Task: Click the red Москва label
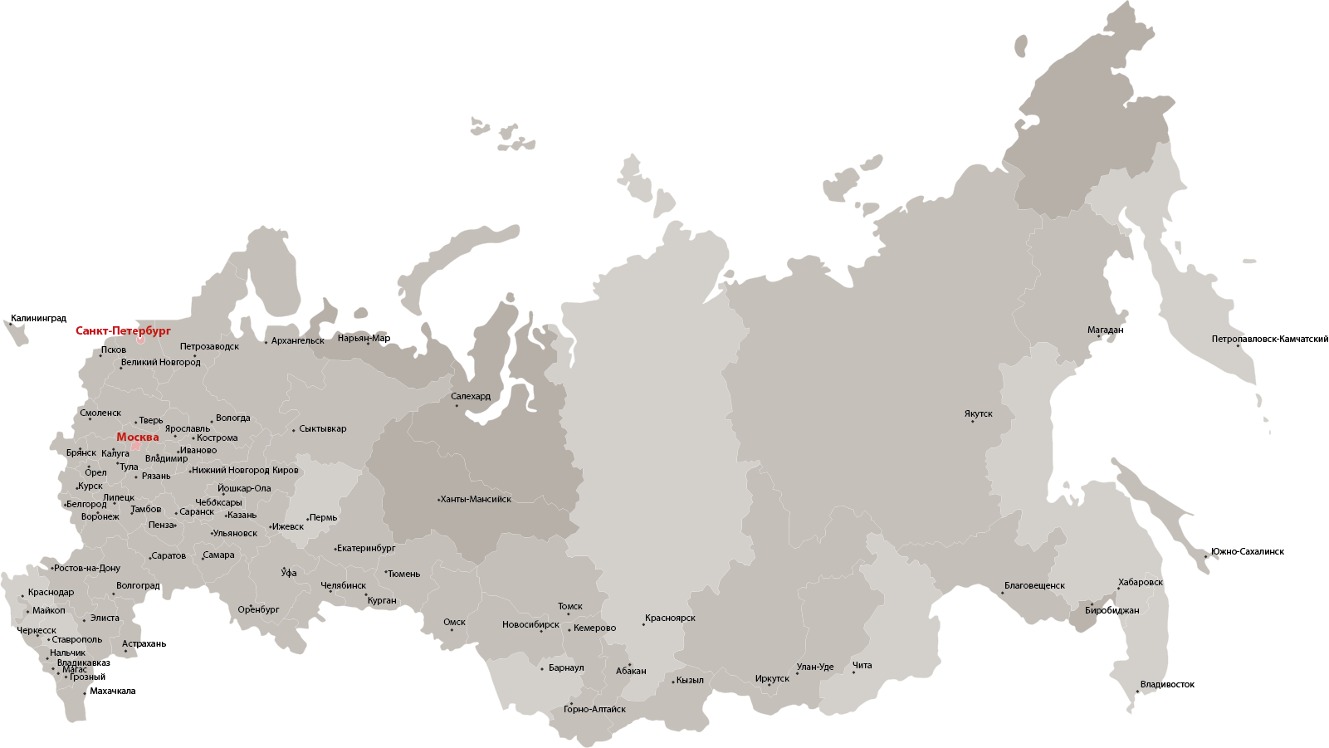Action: tap(138, 438)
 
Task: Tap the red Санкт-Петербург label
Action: tap(123, 330)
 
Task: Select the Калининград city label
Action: tap(39, 318)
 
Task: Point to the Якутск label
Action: tap(979, 413)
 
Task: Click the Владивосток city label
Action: tap(1167, 684)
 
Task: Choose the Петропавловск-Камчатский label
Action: tap(1269, 339)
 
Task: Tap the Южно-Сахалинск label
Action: tap(1247, 551)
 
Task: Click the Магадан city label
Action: tap(1106, 330)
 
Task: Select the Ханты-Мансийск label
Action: tap(476, 499)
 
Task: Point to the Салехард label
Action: tap(471, 396)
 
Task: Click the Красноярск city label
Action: tap(670, 618)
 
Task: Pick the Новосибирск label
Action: tap(530, 624)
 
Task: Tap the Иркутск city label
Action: tap(772, 678)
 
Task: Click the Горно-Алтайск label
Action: tap(594, 709)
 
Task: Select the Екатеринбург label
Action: tap(366, 548)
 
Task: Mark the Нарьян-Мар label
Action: tap(364, 338)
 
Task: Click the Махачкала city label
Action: tap(113, 691)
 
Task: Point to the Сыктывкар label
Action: tap(323, 428)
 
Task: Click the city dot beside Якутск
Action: tap(973, 422)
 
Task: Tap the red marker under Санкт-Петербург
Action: tap(141, 339)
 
